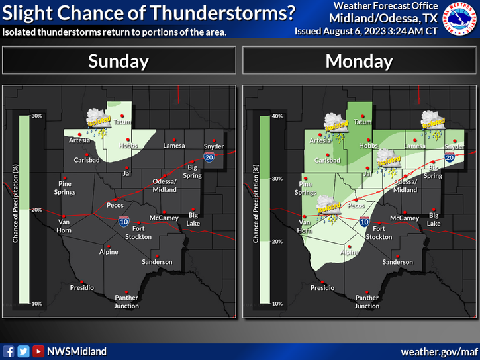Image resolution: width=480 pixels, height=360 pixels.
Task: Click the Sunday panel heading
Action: click(119, 61)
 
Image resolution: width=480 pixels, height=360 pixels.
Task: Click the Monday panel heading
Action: click(359, 61)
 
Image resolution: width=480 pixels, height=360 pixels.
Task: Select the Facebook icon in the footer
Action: click(9, 351)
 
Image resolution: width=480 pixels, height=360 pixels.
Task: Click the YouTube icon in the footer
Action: click(38, 351)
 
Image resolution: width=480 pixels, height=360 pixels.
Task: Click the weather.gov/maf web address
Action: click(438, 351)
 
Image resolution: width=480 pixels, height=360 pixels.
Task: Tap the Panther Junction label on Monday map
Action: click(367, 302)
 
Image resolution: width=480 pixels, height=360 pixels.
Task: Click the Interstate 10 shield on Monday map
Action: click(364, 222)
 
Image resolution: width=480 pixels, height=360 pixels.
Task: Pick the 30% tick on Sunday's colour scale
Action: click(37, 116)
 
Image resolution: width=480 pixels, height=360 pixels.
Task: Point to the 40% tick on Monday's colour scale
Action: click(277, 116)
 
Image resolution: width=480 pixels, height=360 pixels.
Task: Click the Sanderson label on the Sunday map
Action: click(156, 262)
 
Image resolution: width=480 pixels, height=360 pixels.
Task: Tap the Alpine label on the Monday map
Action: click(350, 253)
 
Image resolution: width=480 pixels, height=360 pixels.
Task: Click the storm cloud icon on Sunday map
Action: click(100, 119)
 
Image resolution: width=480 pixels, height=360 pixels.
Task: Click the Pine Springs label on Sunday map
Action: click(65, 188)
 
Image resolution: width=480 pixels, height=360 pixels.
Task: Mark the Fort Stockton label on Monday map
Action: click(379, 232)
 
